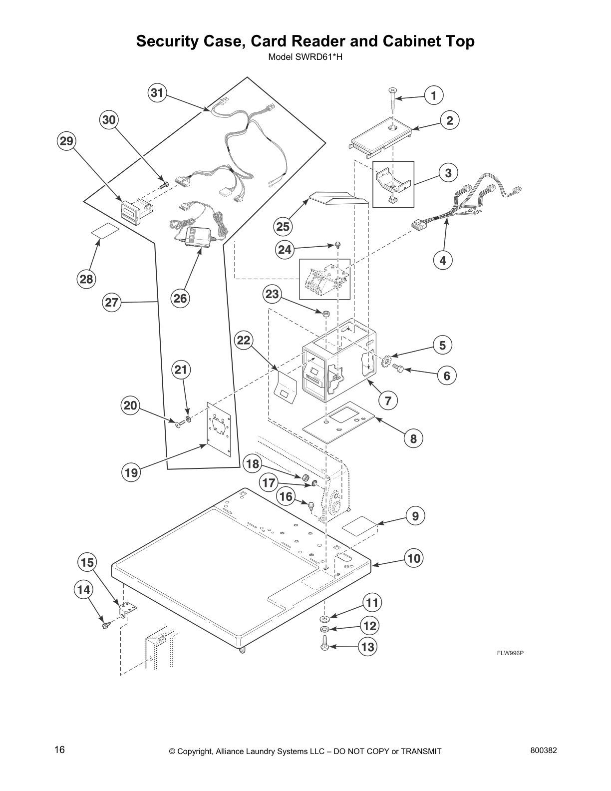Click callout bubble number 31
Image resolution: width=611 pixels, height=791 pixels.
pos(157,93)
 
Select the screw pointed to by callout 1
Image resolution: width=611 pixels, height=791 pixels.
pos(392,98)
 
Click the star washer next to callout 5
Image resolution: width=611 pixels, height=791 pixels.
pos(385,360)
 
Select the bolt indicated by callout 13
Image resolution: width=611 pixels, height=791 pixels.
pos(324,646)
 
